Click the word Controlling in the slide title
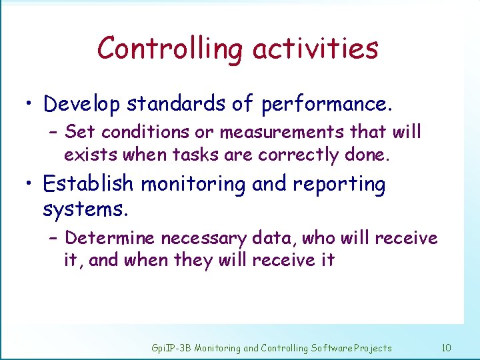point(169,49)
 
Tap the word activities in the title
point(314,49)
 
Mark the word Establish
point(89,183)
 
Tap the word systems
point(84,209)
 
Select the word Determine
point(109,238)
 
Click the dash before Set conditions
point(54,132)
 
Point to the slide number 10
point(446,347)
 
